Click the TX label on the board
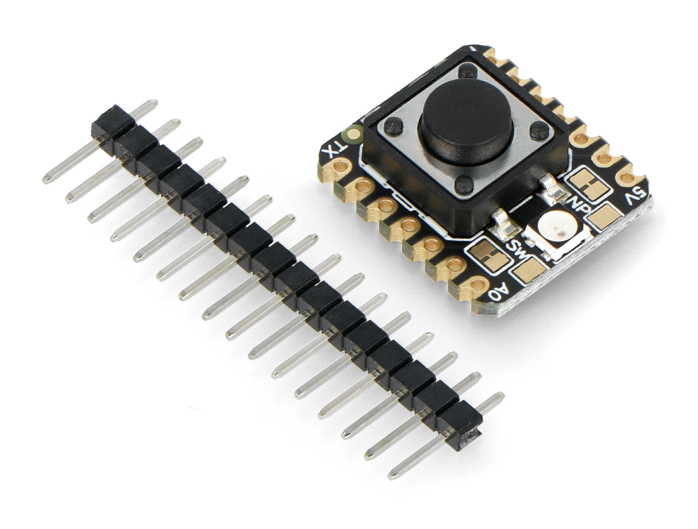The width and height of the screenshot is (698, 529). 335,147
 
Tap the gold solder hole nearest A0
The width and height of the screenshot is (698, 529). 476,283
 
